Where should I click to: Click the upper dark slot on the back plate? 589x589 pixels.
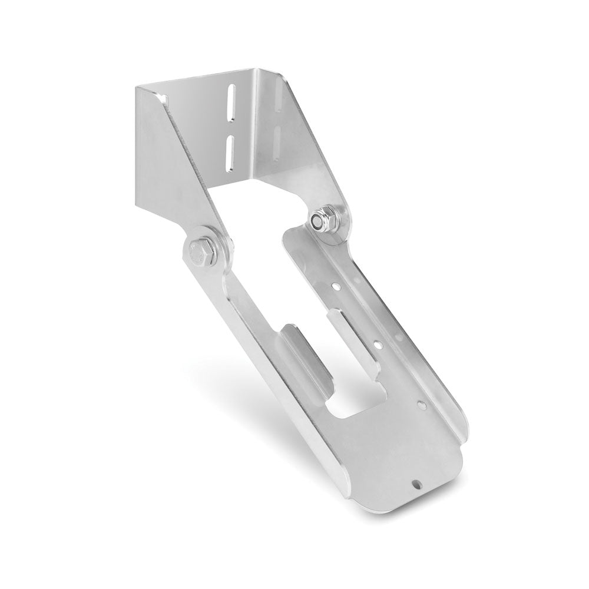[x=232, y=104]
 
